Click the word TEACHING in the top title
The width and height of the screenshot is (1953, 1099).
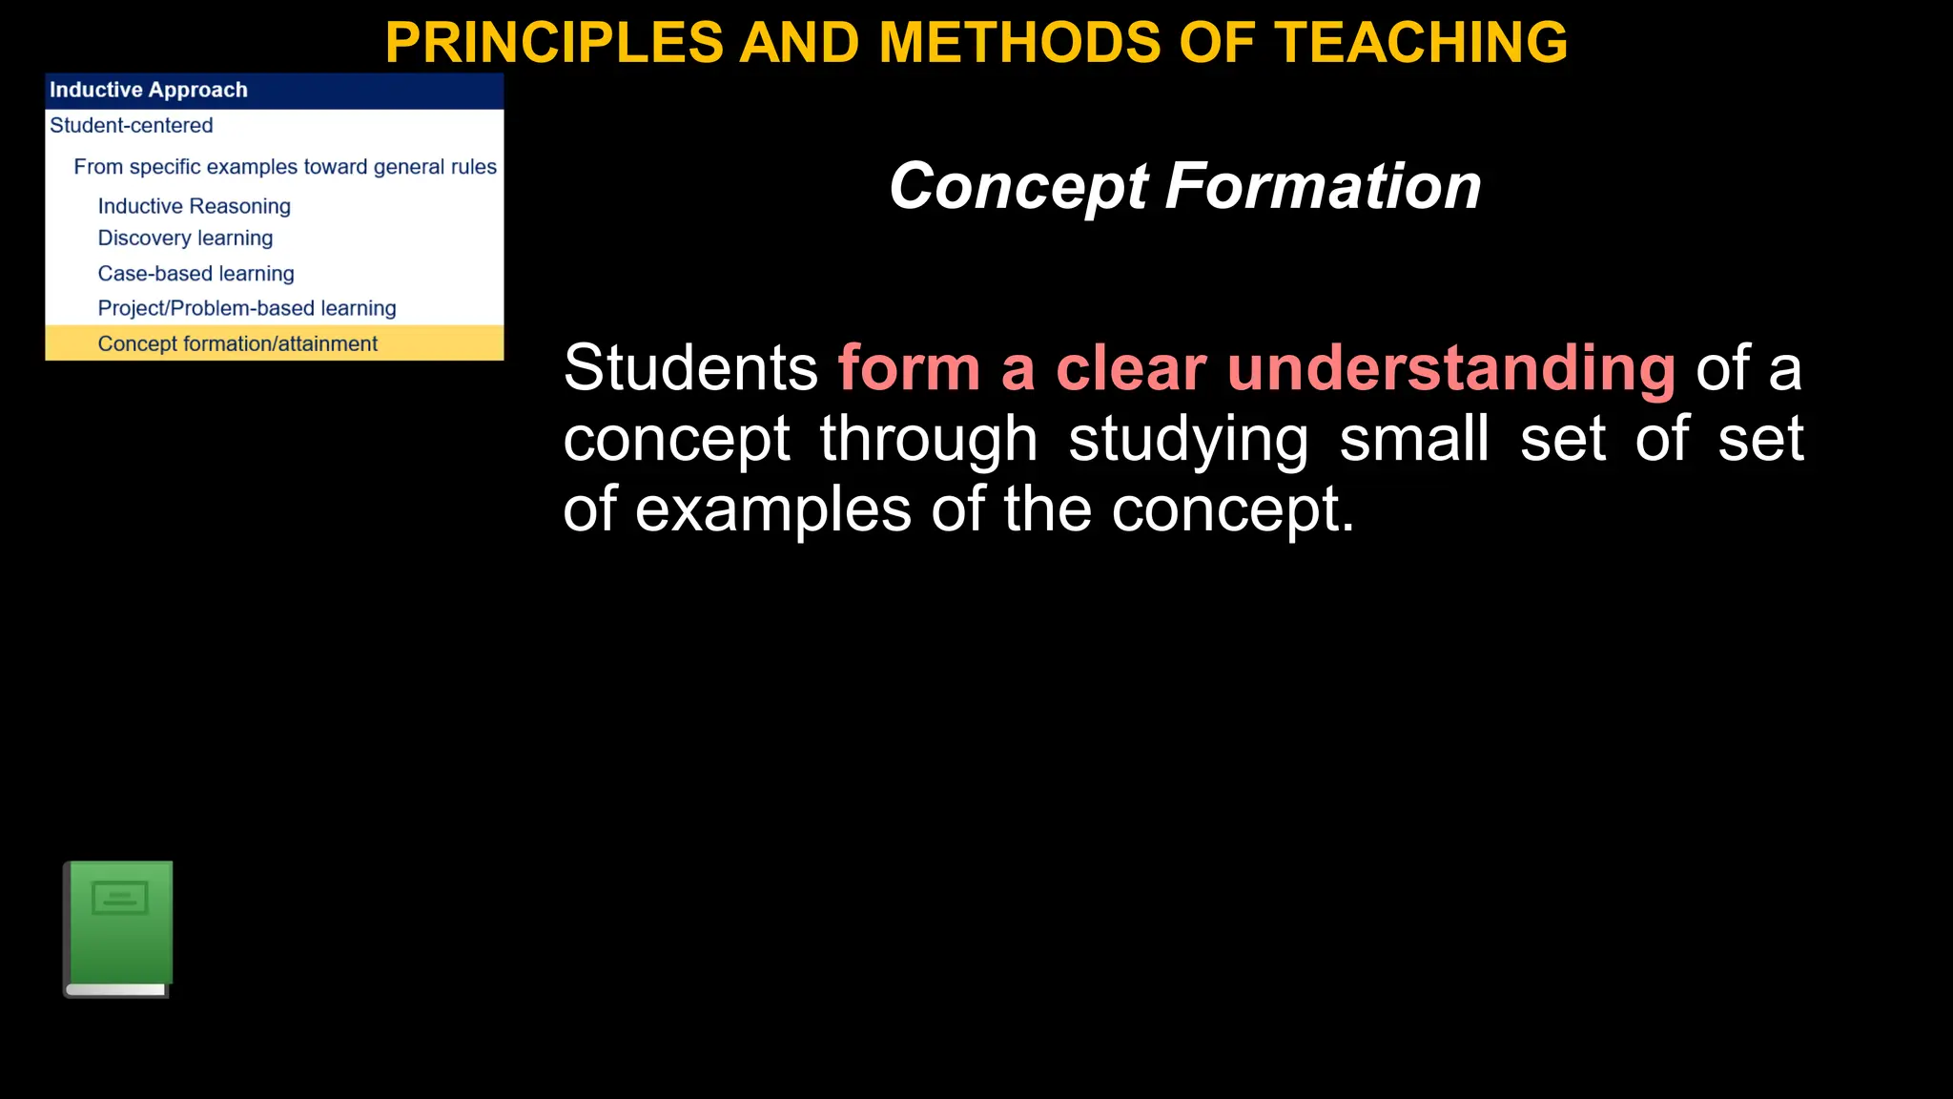tap(1421, 42)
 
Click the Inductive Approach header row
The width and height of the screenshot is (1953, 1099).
tap(274, 90)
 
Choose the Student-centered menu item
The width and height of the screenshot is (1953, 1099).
tap(132, 125)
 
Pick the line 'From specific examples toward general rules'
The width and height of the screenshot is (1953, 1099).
tap(285, 167)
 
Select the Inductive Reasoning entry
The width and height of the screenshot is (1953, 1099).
tap(194, 206)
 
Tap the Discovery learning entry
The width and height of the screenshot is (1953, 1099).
tap(185, 238)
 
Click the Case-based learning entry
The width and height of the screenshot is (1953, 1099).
tap(195, 274)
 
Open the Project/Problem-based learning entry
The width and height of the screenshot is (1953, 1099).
tap(247, 308)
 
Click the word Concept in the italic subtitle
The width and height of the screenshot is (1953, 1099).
tap(1018, 186)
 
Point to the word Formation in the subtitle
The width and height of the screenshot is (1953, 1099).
tap(1323, 186)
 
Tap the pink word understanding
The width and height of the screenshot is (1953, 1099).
tap(1450, 369)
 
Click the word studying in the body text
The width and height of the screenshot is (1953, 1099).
tap(1188, 440)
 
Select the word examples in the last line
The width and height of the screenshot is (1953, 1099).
tap(772, 509)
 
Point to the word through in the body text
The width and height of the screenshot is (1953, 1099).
tap(928, 439)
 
